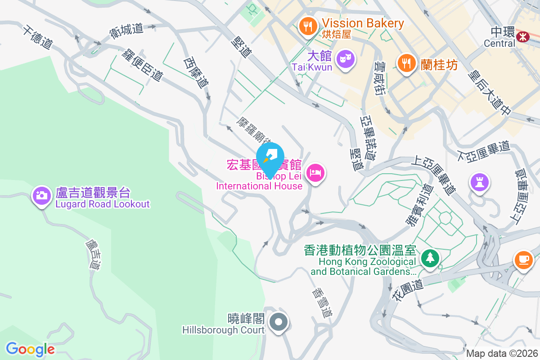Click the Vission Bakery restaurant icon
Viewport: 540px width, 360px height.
tap(307, 26)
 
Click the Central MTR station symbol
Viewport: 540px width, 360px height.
tap(523, 36)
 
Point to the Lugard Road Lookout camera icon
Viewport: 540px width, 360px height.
tap(41, 195)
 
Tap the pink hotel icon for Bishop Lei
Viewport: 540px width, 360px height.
tap(315, 173)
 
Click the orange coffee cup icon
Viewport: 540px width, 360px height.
tap(523, 260)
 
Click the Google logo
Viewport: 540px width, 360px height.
tap(30, 349)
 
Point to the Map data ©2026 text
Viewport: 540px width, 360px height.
tap(502, 353)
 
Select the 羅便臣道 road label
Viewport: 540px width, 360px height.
tap(142, 65)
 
